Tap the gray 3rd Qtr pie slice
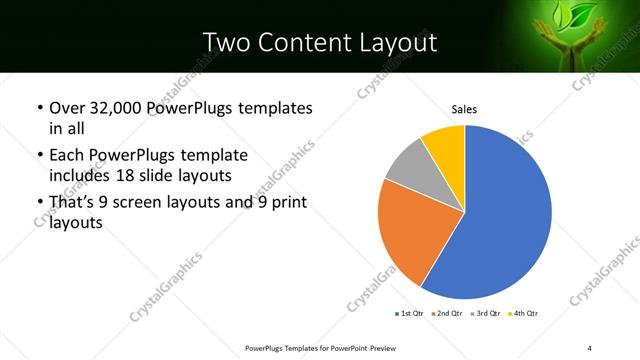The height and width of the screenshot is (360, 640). pos(407,170)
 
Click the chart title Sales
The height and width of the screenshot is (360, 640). pos(464,108)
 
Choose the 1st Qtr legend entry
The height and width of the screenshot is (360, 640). pos(409,313)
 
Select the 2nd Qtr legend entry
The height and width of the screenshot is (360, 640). pos(446,313)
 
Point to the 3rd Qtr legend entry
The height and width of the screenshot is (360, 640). pos(484,313)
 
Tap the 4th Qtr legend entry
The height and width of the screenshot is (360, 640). pos(523,313)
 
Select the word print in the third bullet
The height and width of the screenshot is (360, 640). pos(285,203)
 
